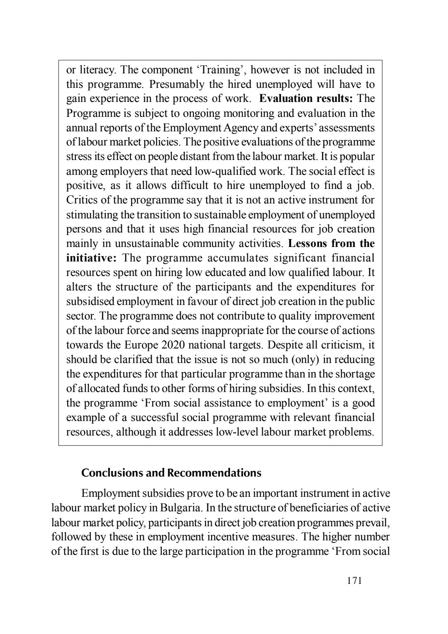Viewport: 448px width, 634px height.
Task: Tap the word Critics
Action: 82,200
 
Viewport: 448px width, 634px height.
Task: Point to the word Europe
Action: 140,345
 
